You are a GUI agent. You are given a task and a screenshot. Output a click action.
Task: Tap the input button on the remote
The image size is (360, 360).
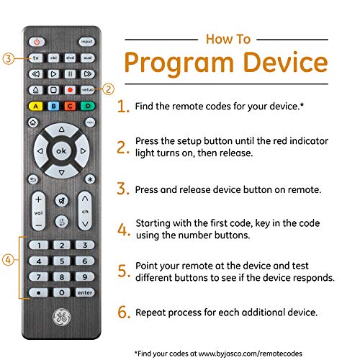(x=86, y=42)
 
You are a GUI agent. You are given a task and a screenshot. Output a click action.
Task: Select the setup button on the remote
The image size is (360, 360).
(x=86, y=89)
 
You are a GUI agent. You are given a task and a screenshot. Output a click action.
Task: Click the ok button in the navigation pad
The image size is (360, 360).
(x=61, y=152)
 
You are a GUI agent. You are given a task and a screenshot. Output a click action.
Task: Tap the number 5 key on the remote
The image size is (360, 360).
(x=61, y=261)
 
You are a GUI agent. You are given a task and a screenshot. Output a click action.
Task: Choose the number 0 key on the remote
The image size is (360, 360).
(x=61, y=292)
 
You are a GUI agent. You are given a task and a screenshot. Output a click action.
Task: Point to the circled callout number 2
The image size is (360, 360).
(x=109, y=89)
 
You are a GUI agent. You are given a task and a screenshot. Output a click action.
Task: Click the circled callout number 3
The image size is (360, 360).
(x=8, y=58)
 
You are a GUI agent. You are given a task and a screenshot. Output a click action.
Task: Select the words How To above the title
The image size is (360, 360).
(x=229, y=39)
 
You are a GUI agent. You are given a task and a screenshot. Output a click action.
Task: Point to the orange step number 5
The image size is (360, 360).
(x=124, y=271)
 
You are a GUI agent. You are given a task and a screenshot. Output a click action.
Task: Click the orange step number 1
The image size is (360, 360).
(x=123, y=107)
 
